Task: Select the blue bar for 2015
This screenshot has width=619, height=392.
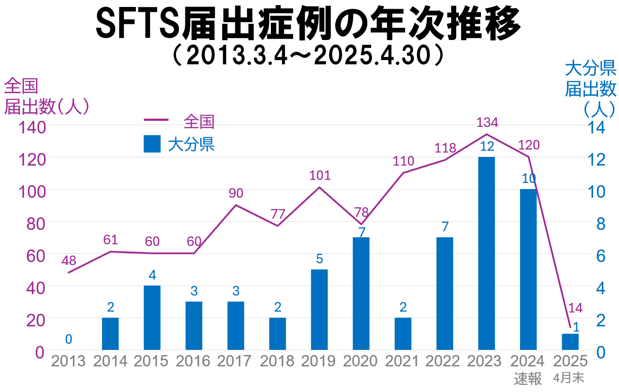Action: point(152,318)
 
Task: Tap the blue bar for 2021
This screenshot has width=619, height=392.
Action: point(403,334)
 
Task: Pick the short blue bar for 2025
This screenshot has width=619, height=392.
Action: point(570,342)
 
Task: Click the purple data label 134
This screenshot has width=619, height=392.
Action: point(487,123)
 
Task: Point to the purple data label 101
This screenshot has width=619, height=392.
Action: point(320,176)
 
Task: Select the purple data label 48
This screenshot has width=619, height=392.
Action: point(69,261)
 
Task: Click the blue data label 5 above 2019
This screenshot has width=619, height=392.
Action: point(319,259)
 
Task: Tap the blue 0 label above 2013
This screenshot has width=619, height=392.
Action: point(69,339)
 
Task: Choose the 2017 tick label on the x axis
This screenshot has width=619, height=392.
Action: point(234,361)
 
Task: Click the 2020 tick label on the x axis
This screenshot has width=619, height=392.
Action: point(360,361)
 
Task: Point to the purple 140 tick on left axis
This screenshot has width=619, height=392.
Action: point(32,127)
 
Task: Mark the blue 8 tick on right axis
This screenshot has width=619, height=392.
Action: point(601,224)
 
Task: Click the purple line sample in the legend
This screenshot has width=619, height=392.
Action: point(156,120)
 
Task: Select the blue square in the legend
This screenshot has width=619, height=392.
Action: point(152,144)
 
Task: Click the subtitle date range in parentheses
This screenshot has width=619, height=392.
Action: point(309,55)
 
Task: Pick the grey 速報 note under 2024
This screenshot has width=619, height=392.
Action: point(528,379)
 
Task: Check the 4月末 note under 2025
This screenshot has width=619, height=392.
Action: point(569,378)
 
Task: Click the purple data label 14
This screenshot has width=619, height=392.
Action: point(575,308)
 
